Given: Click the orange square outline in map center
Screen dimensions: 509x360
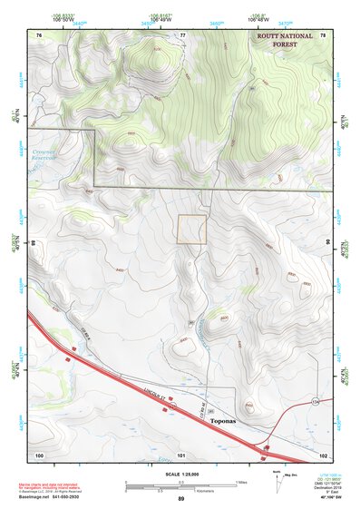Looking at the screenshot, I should click(x=191, y=230).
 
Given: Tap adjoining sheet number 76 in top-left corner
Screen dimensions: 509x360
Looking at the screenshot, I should click(x=39, y=34).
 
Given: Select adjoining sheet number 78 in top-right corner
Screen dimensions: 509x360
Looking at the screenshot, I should click(x=322, y=34).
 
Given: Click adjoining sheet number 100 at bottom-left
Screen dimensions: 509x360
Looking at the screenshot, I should click(x=39, y=454).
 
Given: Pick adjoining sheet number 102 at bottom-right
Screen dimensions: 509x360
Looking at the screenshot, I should click(x=322, y=454).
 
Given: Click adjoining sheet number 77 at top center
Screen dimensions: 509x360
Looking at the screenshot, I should click(x=182, y=34).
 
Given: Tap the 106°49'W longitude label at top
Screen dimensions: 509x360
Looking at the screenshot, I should click(x=160, y=19).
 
